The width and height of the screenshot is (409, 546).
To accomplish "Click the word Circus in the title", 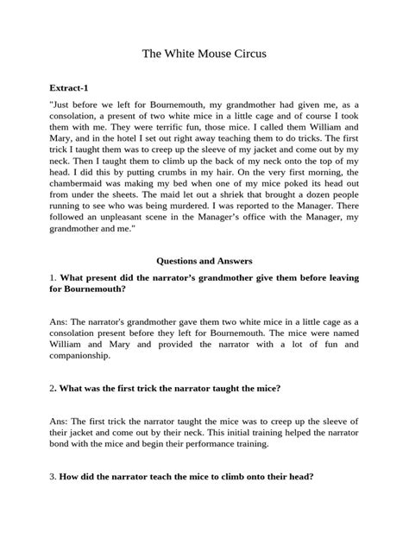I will [247, 54].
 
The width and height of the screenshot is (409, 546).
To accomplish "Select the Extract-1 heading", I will [70, 87].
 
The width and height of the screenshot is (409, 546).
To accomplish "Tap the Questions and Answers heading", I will [204, 259].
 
